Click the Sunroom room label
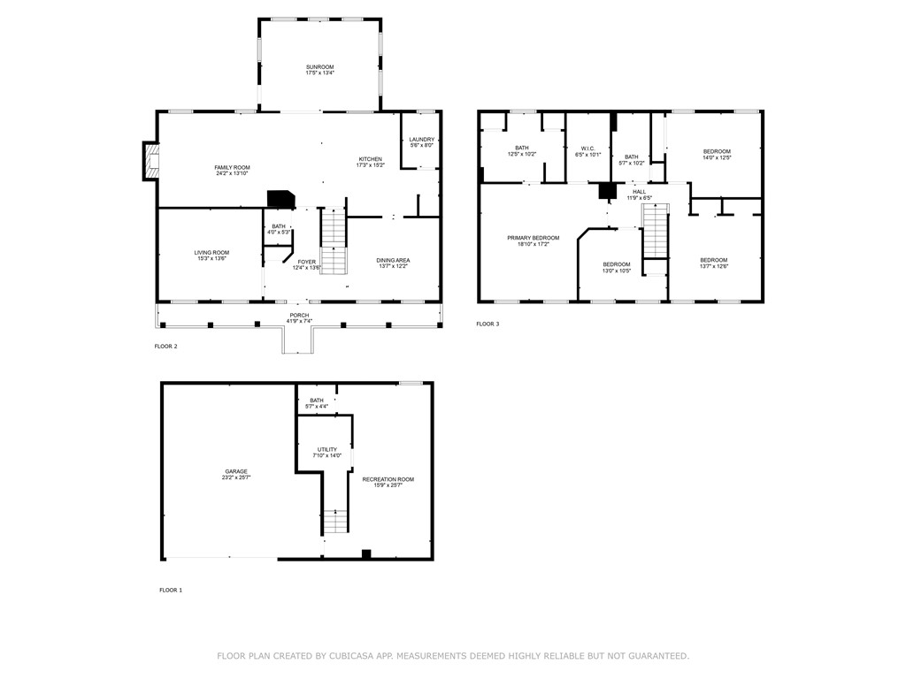320,67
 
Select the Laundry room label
422,139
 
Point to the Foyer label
306,262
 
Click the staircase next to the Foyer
332,240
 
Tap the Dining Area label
394,260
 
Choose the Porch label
299,315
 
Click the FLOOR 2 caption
165,347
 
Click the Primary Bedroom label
533,238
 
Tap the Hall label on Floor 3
639,191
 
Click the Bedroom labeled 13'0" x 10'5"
617,264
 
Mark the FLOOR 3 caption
488,324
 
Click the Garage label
235,471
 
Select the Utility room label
326,450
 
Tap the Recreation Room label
388,479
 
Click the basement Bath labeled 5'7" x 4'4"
316,401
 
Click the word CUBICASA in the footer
378,656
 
